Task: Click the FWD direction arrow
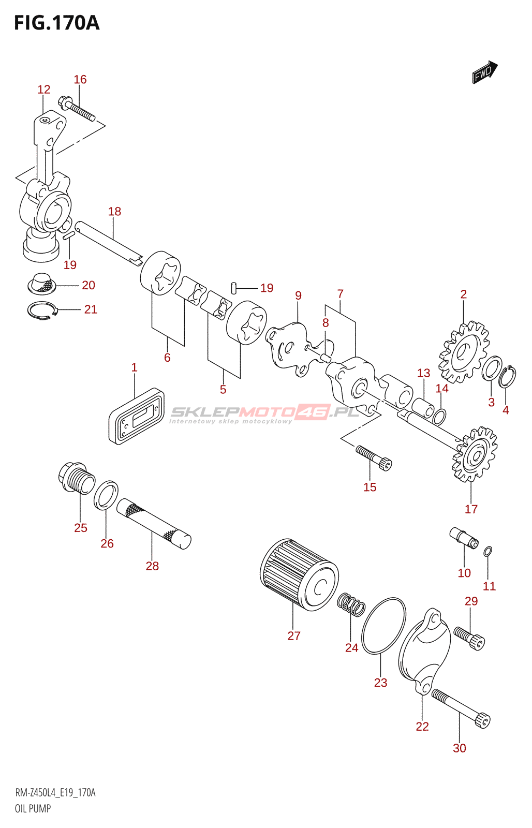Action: click(x=484, y=72)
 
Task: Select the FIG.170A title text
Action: click(x=56, y=23)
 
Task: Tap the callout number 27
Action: click(x=294, y=636)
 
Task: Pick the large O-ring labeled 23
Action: click(x=383, y=626)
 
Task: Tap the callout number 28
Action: click(x=152, y=566)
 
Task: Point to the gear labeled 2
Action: click(x=464, y=352)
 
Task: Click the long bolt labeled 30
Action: click(x=461, y=709)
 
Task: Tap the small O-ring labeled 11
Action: click(x=487, y=552)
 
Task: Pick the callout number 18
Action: click(x=114, y=211)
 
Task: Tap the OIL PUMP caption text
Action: click(x=33, y=808)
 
